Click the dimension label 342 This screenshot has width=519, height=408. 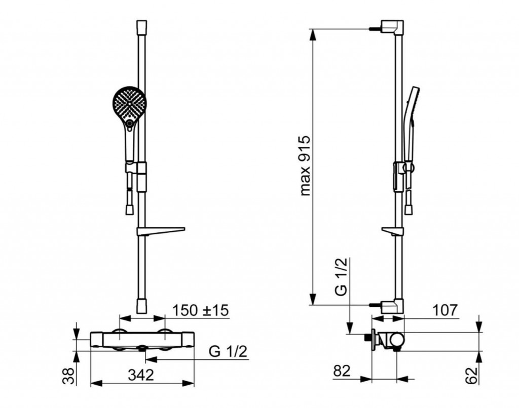pos(141,375)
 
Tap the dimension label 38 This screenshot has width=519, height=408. pos(69,376)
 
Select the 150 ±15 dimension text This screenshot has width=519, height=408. pos(201,310)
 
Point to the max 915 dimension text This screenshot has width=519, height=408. pos(305,166)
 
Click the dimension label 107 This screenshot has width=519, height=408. pos(445,310)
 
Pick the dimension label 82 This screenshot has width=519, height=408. pos(342,371)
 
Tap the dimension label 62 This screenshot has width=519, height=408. pos(472,376)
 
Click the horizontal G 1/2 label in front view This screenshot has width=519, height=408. pos(228,351)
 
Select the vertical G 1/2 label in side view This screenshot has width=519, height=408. pos(341,276)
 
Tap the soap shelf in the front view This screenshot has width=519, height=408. pos(161,231)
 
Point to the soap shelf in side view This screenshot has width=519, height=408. pos(393,231)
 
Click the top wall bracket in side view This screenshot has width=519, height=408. pos(392,27)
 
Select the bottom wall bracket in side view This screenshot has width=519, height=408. pos(392,306)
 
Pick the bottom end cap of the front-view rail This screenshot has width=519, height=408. pos(142,306)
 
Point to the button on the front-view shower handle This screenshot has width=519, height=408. pos(129,124)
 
